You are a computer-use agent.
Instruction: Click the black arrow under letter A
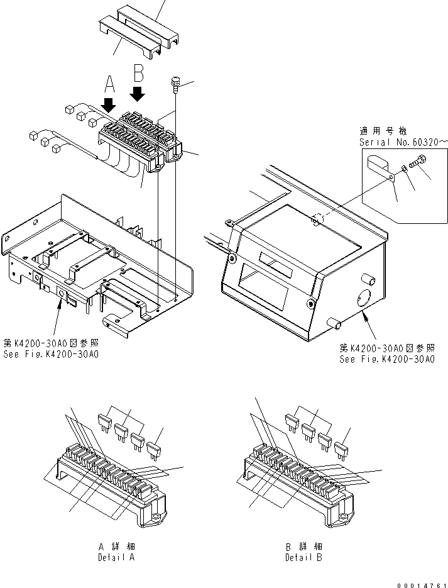point(109,103)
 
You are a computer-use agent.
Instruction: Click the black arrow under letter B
point(138,94)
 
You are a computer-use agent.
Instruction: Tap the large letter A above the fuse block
point(109,84)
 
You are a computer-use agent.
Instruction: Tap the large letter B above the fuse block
point(139,72)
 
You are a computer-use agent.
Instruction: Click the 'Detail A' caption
point(116,557)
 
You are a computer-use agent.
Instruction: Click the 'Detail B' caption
point(303,557)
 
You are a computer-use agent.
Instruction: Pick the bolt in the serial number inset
point(420,165)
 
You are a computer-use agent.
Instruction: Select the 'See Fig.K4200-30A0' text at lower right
point(386,359)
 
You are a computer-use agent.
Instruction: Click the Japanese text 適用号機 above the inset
point(383,131)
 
